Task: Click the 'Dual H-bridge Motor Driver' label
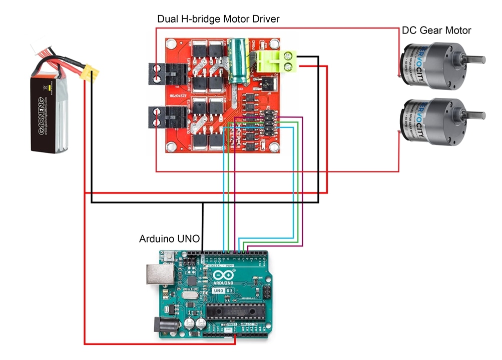click(x=218, y=19)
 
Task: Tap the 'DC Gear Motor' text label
click(x=436, y=30)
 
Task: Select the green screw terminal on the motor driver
click(x=276, y=61)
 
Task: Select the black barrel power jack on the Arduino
click(x=163, y=327)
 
